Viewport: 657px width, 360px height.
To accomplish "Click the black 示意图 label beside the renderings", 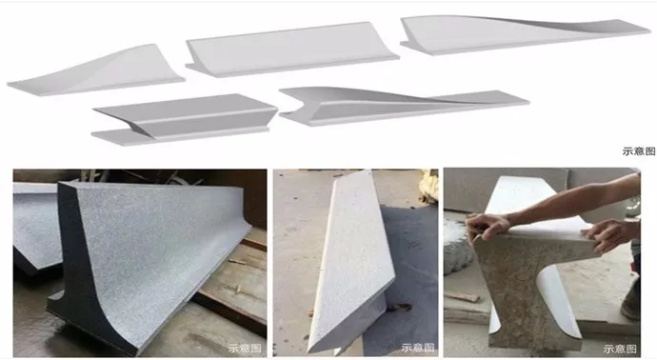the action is point(639,151).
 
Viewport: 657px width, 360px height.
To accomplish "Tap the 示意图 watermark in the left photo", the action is point(245,349).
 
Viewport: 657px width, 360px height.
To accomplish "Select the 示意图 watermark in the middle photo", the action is point(418,348).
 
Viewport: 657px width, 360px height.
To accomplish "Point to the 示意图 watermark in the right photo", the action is point(620,349).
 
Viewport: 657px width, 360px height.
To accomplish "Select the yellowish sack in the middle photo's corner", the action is point(428,186).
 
